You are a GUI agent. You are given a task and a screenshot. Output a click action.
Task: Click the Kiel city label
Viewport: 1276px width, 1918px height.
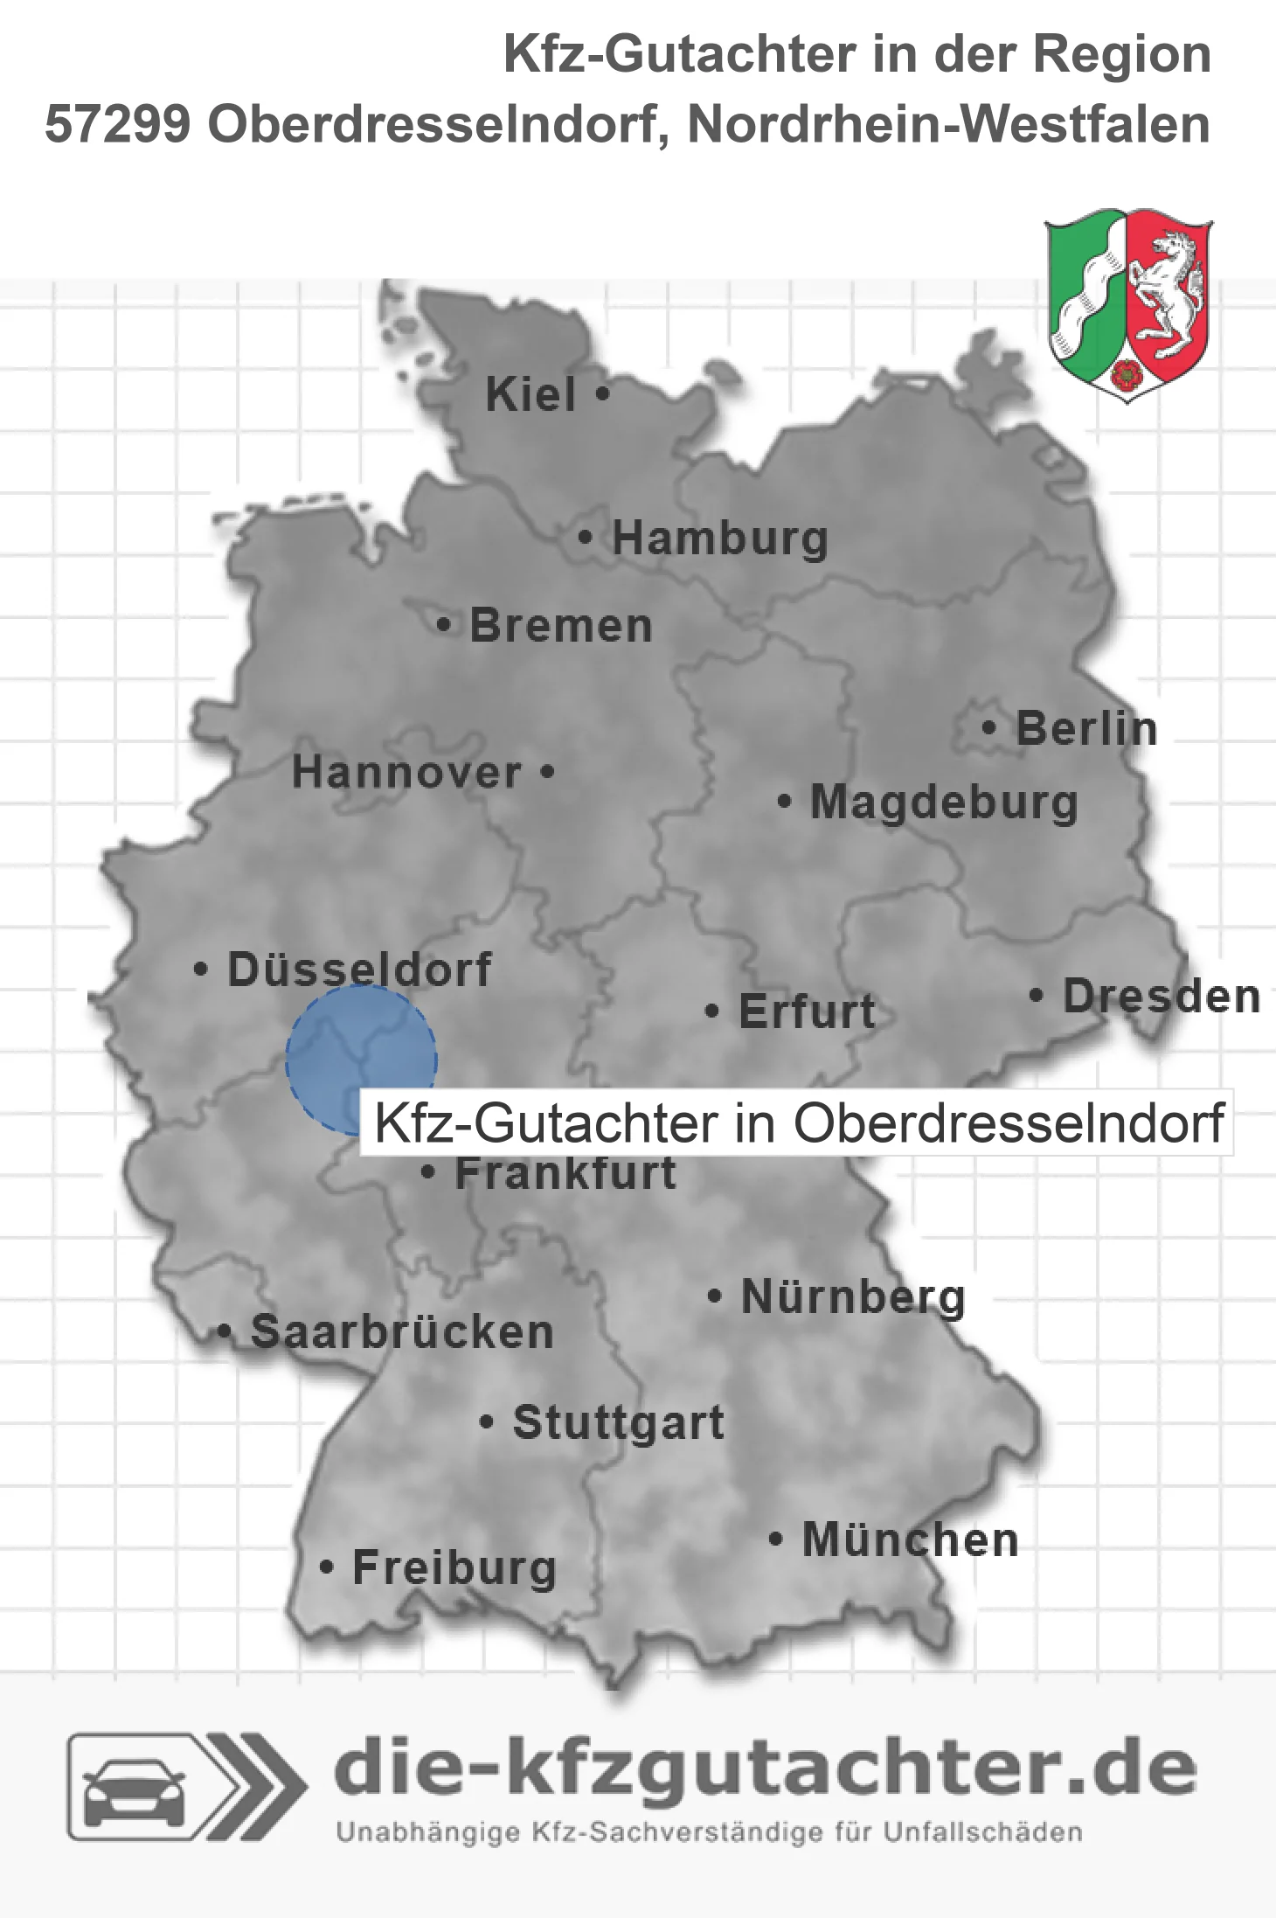(x=531, y=394)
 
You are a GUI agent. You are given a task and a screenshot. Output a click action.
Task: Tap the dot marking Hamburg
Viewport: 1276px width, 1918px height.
(x=586, y=538)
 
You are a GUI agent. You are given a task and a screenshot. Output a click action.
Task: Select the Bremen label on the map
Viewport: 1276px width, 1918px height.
(x=561, y=626)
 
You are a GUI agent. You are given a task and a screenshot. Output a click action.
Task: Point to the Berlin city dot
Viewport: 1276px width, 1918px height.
(x=989, y=727)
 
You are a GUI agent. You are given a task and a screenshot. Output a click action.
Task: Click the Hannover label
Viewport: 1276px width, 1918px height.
(x=406, y=773)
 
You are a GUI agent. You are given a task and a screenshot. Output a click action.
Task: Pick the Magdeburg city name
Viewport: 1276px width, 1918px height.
(x=944, y=803)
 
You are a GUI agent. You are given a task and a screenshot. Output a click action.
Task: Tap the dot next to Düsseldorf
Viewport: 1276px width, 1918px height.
(x=201, y=969)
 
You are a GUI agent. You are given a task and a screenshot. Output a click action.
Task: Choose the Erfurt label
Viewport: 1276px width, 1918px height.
(x=807, y=1011)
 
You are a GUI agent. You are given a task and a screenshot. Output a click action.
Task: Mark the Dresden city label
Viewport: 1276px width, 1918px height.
(x=1162, y=997)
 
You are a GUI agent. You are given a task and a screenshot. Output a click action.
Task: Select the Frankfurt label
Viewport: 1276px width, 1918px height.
(x=565, y=1173)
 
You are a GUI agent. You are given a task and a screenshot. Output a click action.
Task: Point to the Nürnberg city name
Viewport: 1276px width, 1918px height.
(x=853, y=1297)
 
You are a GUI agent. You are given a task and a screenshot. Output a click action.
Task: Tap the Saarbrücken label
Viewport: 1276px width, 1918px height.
(x=402, y=1332)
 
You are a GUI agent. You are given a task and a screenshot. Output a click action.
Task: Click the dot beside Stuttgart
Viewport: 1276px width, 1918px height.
(x=487, y=1422)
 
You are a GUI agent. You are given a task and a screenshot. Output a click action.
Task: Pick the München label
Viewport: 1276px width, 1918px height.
(x=911, y=1539)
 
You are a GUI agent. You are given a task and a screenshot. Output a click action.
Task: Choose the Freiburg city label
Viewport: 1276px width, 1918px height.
(x=454, y=1567)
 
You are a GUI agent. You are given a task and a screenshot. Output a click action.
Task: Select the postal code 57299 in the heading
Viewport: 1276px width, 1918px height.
(x=118, y=124)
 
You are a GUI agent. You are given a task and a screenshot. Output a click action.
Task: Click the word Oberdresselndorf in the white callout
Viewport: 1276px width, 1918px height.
(x=1008, y=1123)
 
